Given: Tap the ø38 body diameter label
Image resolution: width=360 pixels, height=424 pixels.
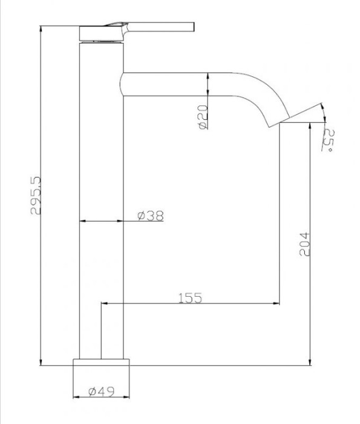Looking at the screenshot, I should tap(150, 215).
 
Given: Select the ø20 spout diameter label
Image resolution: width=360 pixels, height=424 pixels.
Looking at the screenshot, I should tap(203, 116).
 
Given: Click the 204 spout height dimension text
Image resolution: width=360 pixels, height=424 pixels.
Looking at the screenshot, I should tap(304, 244).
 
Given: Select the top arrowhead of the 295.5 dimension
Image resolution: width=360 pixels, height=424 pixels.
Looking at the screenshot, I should tap(41, 28).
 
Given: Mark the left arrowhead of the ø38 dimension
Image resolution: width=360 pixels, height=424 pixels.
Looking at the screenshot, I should tap(83, 222).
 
